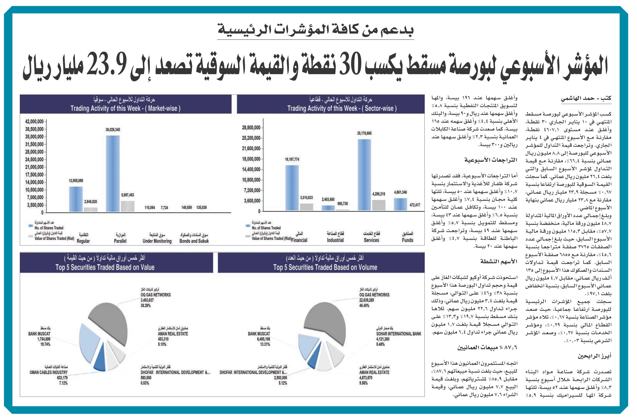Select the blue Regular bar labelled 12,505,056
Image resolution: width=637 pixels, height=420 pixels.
(76, 199)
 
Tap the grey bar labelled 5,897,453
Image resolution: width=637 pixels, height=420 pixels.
(128, 206)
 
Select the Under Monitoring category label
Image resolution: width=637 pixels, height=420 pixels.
(157, 241)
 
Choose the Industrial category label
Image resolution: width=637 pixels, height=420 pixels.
(335, 240)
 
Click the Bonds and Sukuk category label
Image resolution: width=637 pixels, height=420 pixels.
(194, 241)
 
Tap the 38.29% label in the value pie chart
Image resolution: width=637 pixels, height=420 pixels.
(146, 305)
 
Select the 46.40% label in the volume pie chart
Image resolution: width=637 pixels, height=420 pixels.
(364, 305)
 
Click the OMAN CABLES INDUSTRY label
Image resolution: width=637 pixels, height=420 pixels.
(48, 372)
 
